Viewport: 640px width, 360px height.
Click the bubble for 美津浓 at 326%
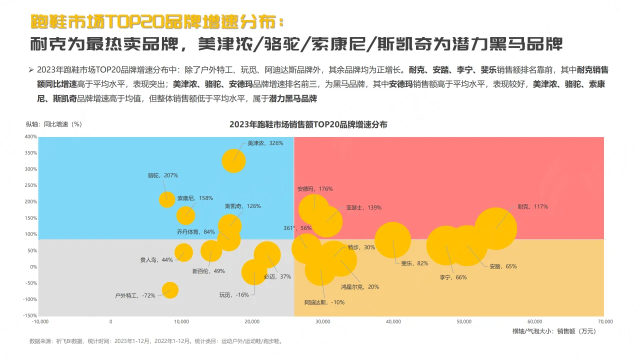233,161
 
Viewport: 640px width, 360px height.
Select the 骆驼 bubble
167,199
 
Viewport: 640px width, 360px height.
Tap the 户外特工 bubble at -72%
170,290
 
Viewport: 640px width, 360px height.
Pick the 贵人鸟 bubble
183,252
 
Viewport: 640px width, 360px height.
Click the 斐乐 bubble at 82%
393,240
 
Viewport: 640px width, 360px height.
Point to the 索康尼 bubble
185,215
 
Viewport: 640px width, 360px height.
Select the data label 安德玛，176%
315,189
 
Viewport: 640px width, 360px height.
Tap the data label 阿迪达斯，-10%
324,302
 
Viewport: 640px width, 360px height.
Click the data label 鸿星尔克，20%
360,287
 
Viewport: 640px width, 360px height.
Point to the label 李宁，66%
453,277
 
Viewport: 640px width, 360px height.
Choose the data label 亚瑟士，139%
363,207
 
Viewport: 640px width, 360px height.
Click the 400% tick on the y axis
30,136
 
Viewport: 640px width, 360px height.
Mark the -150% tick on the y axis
29,315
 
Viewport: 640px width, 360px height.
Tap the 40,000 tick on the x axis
393,321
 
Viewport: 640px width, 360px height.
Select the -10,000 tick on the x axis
39,321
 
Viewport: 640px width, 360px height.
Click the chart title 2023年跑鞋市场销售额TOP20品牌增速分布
308,124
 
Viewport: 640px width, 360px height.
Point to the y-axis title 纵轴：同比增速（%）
54,124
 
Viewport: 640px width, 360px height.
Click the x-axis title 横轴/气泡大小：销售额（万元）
554,331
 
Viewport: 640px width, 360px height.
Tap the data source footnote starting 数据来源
156,341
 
